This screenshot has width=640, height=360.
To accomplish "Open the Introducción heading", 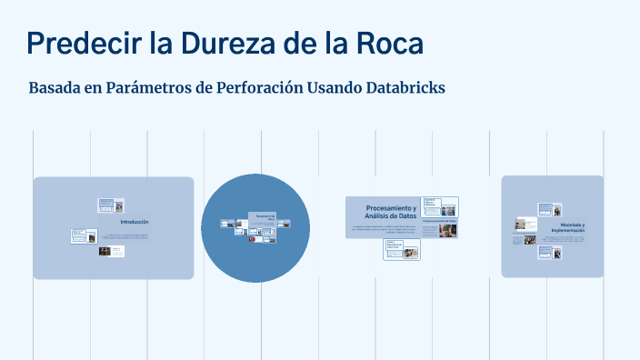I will [135, 222].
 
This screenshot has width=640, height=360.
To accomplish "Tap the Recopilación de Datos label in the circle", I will [265, 216].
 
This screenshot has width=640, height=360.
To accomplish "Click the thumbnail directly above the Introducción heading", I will [110, 205].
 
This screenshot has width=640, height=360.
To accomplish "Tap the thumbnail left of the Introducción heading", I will [84, 235].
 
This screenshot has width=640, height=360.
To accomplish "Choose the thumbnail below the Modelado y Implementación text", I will [553, 253].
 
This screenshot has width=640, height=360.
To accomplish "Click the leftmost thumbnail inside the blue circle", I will [226, 224].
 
